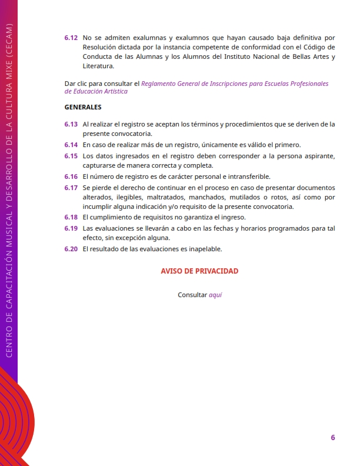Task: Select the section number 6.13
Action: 71,124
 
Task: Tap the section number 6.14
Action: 71,145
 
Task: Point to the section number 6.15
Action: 71,155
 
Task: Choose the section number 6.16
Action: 71,177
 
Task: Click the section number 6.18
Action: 71,217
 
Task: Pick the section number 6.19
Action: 71,228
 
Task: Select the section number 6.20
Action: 71,249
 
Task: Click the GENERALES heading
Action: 83,107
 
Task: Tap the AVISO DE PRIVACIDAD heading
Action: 199,271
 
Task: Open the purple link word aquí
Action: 215,295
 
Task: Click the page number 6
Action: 332,437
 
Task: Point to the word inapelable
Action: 204,249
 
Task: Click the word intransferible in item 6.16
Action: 242,177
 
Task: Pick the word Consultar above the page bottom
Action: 192,295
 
